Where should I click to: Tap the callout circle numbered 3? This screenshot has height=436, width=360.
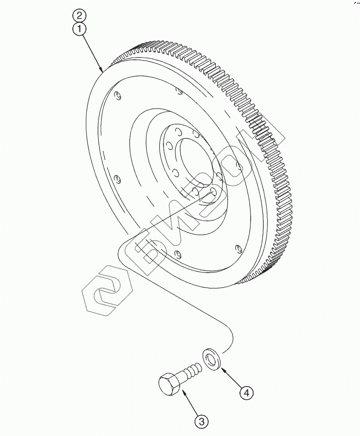click(x=201, y=421)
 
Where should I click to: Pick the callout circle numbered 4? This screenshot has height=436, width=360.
click(x=247, y=393)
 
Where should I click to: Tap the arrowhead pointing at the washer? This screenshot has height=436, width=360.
click(x=223, y=369)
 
